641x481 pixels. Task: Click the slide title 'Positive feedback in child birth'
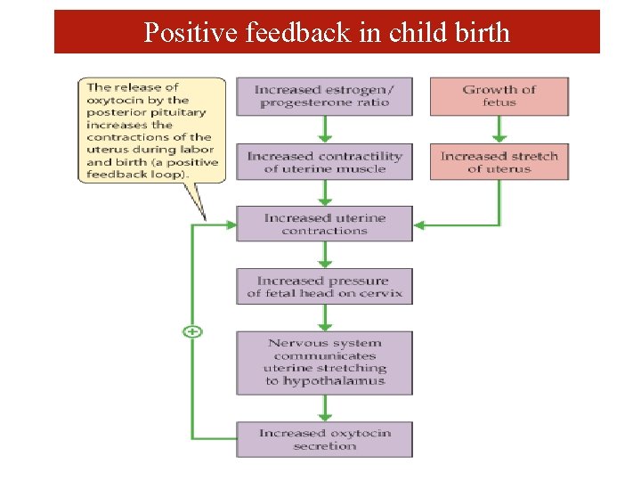click(327, 33)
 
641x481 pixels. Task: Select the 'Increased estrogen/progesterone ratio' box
click(324, 96)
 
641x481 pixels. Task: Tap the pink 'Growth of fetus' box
click(499, 96)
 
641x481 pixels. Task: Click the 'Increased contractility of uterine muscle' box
click(324, 162)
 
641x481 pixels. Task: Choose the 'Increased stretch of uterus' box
click(499, 162)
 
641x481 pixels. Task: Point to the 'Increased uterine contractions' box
click(324, 224)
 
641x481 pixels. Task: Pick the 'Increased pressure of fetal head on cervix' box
click(324, 287)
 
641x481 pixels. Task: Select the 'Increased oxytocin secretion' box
click(324, 439)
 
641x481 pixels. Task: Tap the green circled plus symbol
click(192, 331)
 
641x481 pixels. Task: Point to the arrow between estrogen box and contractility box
click(325, 129)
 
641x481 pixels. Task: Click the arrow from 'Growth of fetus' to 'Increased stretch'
click(499, 129)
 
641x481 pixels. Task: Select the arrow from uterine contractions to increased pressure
click(325, 255)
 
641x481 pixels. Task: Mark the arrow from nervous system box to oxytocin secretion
click(325, 408)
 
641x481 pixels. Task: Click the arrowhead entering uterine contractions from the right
click(420, 225)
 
